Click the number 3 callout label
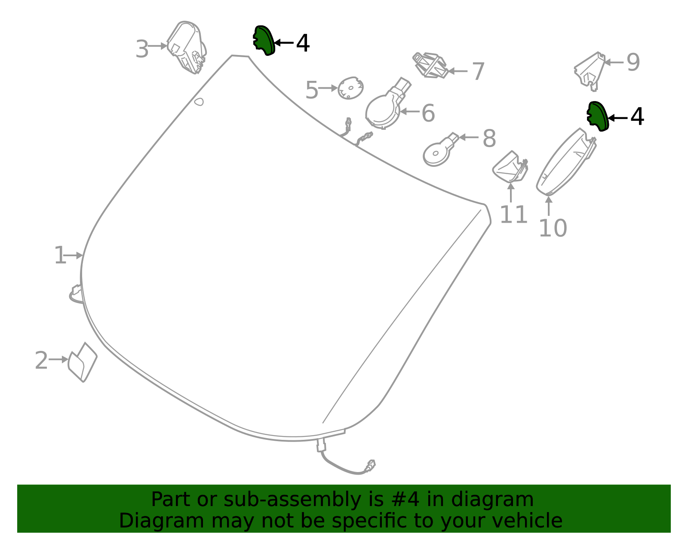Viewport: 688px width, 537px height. point(142,49)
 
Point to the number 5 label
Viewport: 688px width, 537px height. point(312,90)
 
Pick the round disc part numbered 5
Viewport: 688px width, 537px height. point(350,88)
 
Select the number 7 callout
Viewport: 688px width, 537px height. point(478,71)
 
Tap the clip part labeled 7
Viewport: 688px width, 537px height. point(430,65)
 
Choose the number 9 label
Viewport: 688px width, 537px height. point(633,62)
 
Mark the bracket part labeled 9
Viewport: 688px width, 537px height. point(590,71)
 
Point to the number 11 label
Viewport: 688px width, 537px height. point(513,215)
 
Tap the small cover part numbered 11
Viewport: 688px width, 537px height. point(510,168)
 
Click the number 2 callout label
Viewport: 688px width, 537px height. point(41,360)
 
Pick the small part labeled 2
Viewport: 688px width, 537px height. point(83,362)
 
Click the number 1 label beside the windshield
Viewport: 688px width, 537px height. point(59,256)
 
